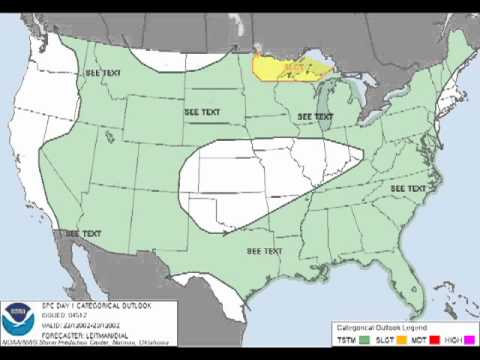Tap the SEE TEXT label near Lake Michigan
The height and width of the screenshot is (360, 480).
tap(314, 116)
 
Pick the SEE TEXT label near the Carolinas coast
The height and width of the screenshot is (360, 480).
tap(408, 187)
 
